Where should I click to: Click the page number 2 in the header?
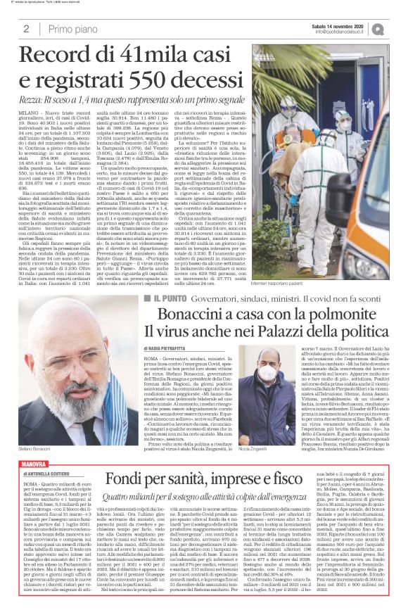[x=25, y=29]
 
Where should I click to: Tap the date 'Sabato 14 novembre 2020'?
[x=342, y=25]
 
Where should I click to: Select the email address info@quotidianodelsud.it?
[x=343, y=32]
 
